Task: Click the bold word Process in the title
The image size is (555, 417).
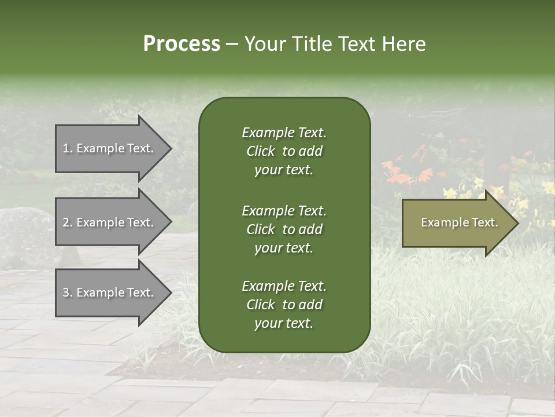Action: (182, 44)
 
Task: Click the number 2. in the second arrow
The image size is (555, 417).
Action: (67, 222)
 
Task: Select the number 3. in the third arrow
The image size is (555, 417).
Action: (67, 292)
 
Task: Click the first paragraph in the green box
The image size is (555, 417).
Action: (284, 151)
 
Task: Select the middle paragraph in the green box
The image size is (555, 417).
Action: (284, 229)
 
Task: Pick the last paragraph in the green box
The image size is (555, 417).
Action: (284, 305)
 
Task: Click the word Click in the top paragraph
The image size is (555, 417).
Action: (261, 151)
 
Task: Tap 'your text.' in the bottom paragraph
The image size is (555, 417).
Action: (284, 323)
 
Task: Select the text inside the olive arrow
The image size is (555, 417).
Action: (459, 222)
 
